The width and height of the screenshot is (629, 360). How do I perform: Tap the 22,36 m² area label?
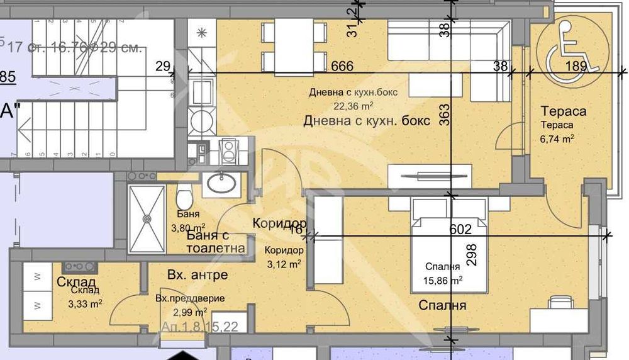pyautogui.click(x=354, y=106)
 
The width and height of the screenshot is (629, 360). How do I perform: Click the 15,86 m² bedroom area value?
pyautogui.click(x=443, y=279)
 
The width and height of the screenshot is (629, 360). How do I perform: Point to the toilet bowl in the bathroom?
pyautogui.click(x=184, y=200)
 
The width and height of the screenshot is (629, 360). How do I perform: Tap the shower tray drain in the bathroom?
pyautogui.click(x=146, y=218)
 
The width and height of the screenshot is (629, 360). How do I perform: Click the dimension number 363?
pyautogui.click(x=445, y=115)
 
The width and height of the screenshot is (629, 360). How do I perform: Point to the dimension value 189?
pyautogui.click(x=576, y=66)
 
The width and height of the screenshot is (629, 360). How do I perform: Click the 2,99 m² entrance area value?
pyautogui.click(x=189, y=312)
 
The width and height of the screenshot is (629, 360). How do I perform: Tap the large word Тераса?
pyautogui.click(x=564, y=111)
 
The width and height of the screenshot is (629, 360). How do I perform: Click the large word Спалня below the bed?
pyautogui.click(x=443, y=306)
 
